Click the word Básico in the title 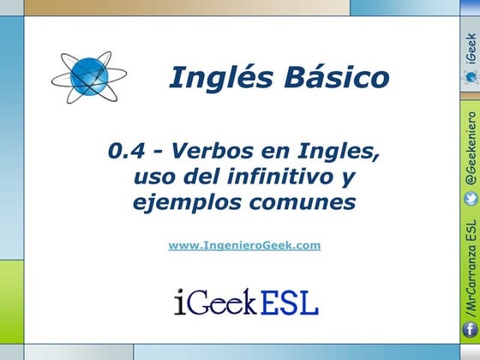(328, 78)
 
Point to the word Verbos (213, 154)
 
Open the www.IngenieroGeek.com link (244, 245)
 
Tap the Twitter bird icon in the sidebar (470, 199)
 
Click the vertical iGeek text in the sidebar (470, 51)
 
